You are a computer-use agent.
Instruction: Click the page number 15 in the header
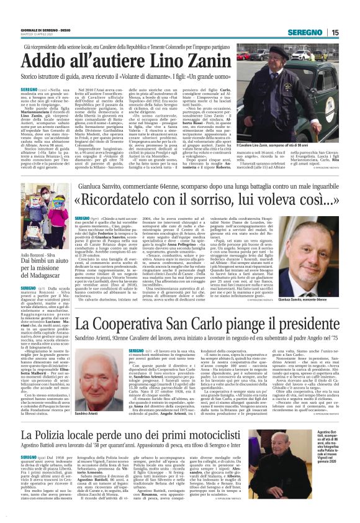(x=352, y=32)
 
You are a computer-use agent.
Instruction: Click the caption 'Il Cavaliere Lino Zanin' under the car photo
(x=282, y=145)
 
